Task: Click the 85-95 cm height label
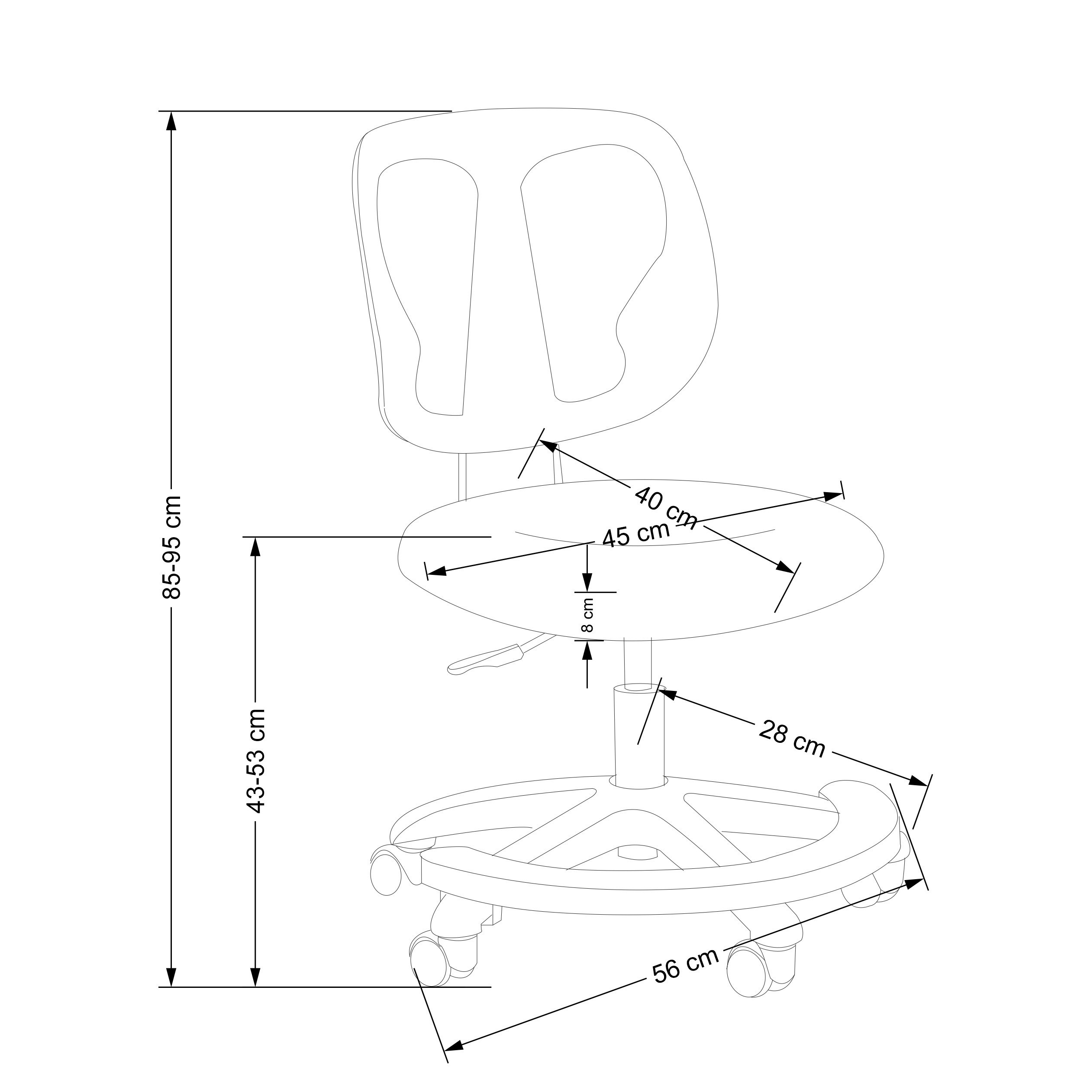(x=172, y=547)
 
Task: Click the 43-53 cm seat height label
(x=256, y=761)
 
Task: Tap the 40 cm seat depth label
(x=665, y=506)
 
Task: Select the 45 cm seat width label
(x=636, y=534)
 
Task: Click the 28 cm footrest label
(x=792, y=738)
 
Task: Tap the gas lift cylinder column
(x=639, y=739)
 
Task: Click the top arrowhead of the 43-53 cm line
(x=255, y=548)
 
